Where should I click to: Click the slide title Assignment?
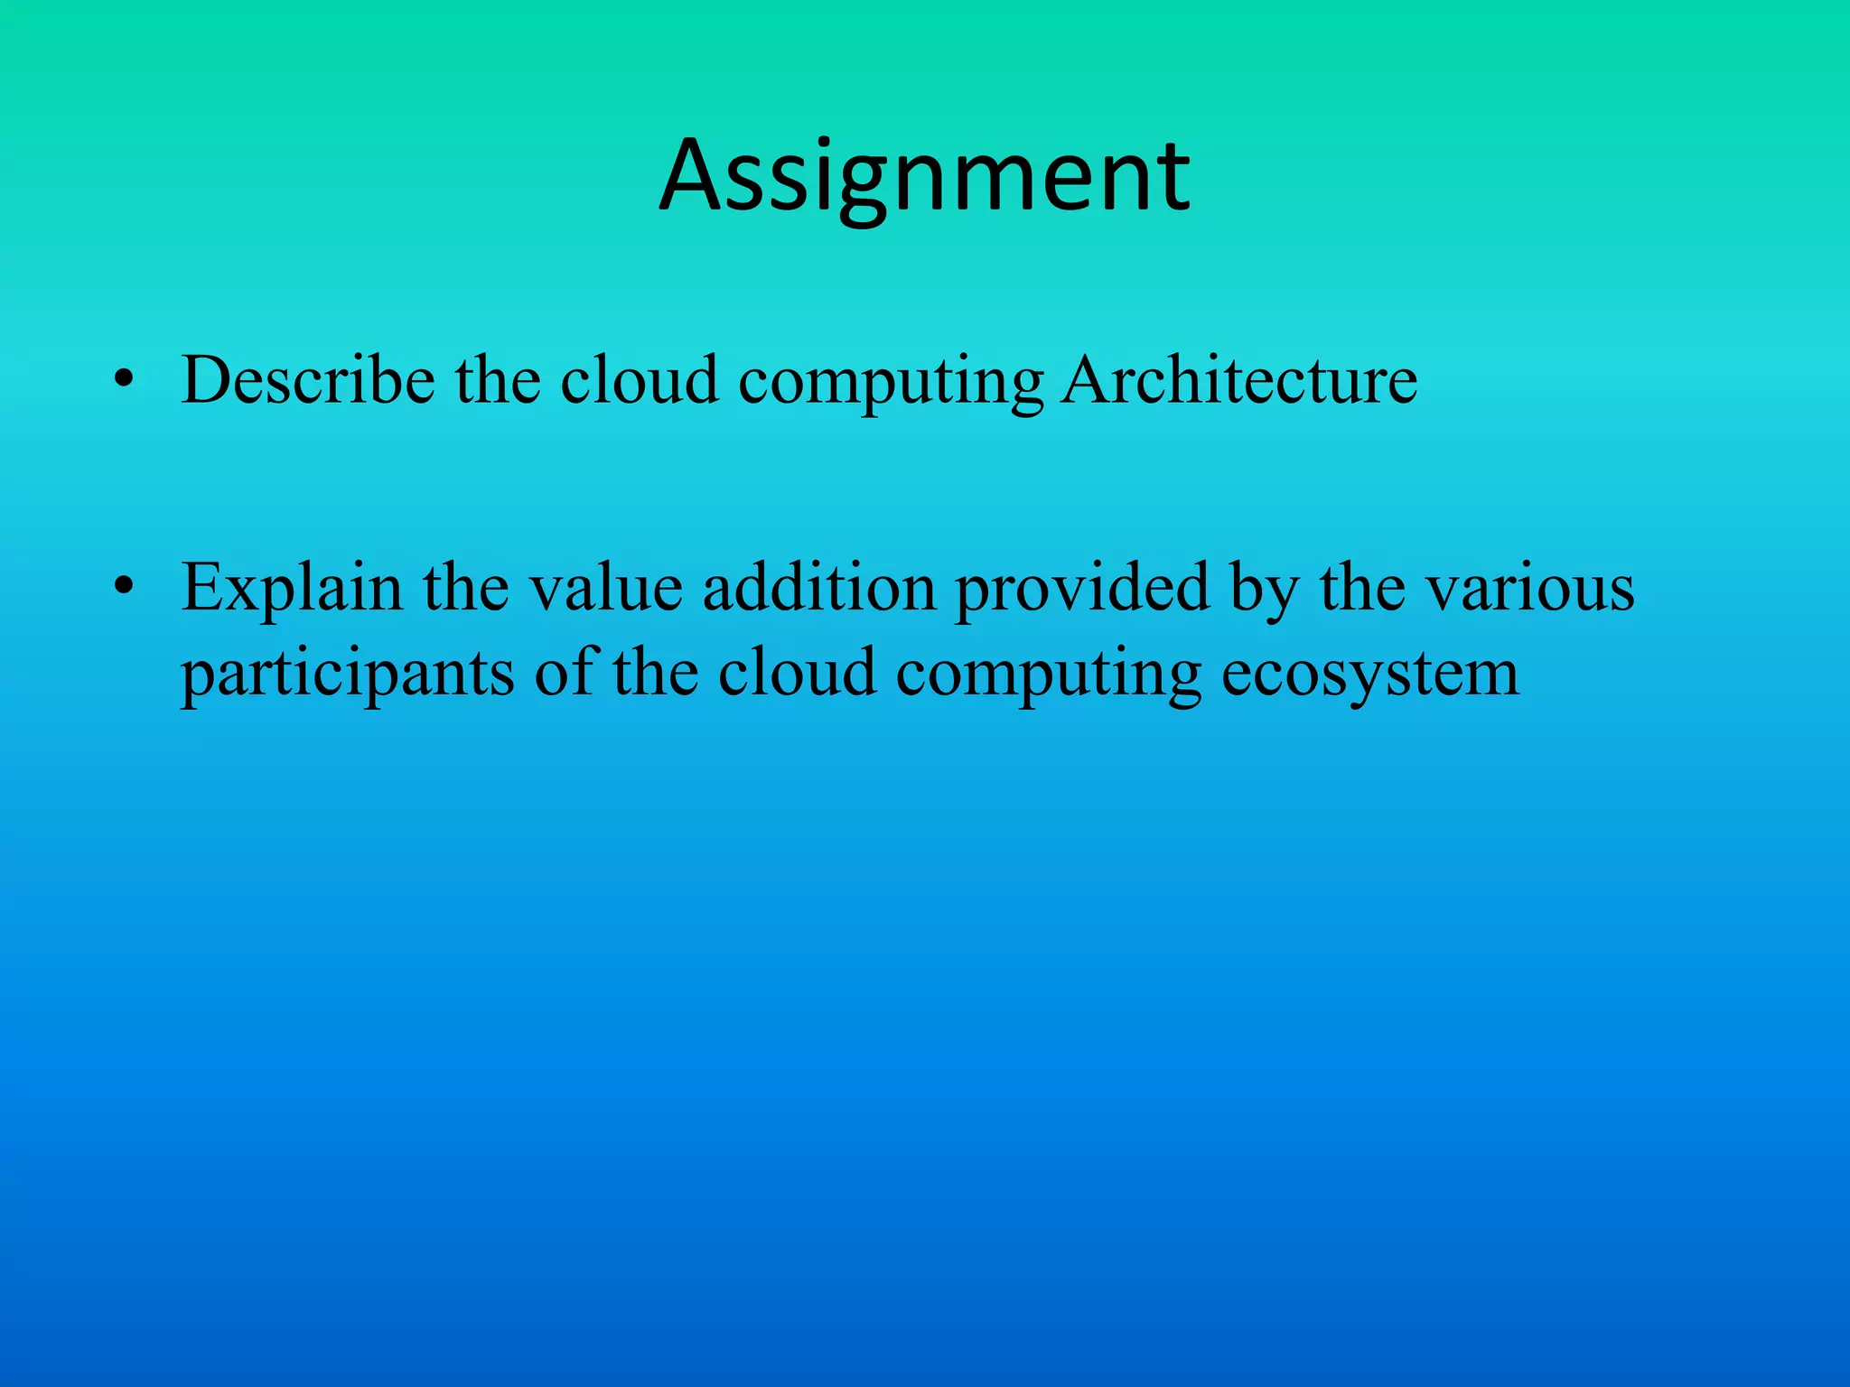[x=924, y=177]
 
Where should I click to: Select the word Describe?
[x=308, y=380]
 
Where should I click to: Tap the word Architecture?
[x=1238, y=380]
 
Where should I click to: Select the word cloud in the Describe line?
[x=640, y=380]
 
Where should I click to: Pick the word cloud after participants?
[x=798, y=674]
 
